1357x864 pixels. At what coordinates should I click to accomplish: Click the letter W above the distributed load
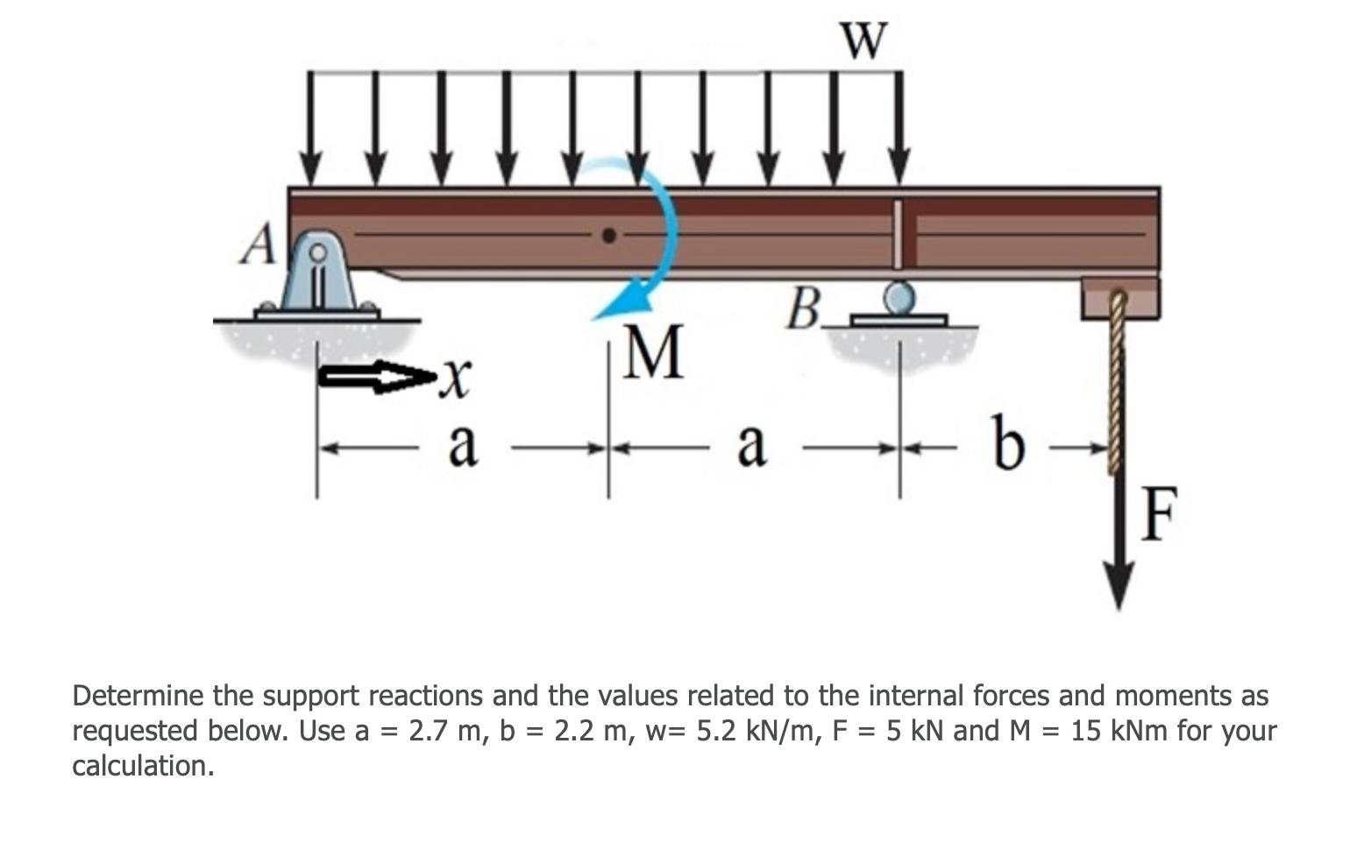click(863, 39)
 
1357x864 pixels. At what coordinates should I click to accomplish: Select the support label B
click(804, 307)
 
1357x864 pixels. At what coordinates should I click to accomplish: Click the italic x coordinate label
click(451, 379)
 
